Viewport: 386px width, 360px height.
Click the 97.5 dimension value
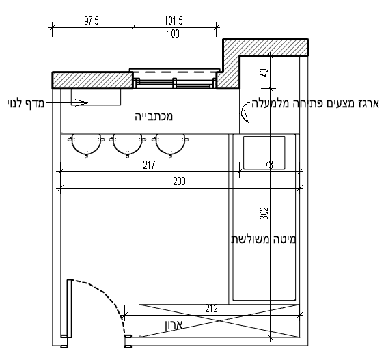click(x=92, y=20)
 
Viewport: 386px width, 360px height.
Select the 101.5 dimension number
click(x=174, y=20)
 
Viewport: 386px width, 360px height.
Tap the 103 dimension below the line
click(x=174, y=33)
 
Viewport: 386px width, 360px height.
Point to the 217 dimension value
click(x=149, y=165)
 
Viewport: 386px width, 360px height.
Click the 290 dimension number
click(x=179, y=181)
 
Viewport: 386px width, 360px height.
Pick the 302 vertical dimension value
click(x=264, y=213)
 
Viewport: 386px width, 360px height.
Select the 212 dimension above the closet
click(x=211, y=308)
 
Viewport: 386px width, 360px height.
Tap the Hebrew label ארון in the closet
click(x=174, y=324)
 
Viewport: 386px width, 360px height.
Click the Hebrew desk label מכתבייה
click(x=154, y=116)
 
